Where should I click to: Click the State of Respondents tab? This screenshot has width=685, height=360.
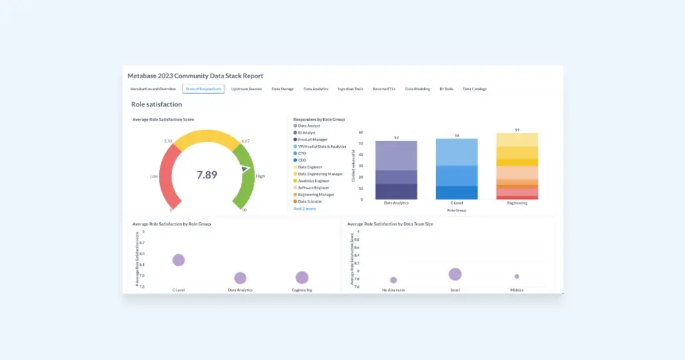pos(203,88)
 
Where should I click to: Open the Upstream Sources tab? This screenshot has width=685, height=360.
pos(246,88)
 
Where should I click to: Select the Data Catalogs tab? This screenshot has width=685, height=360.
pos(474,88)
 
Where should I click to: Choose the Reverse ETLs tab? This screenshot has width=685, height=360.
pos(384,88)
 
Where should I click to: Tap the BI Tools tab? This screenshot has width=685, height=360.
pos(446,88)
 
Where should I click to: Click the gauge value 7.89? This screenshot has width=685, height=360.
pos(207,175)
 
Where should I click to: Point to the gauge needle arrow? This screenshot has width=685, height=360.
pos(246,170)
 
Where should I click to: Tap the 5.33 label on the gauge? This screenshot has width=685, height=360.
pos(169,141)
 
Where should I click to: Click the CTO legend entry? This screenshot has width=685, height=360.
pos(302,153)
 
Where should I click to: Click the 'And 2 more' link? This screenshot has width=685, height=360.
pos(304,209)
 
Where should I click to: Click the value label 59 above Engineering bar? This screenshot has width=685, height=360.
pos(517,129)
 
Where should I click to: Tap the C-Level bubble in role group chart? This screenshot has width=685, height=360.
pos(179,260)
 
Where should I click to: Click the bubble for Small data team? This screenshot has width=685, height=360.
pos(455,274)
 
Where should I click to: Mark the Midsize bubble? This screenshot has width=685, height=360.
pos(516,276)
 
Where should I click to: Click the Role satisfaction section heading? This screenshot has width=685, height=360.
pos(157,104)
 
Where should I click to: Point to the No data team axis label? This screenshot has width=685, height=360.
pos(393,290)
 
